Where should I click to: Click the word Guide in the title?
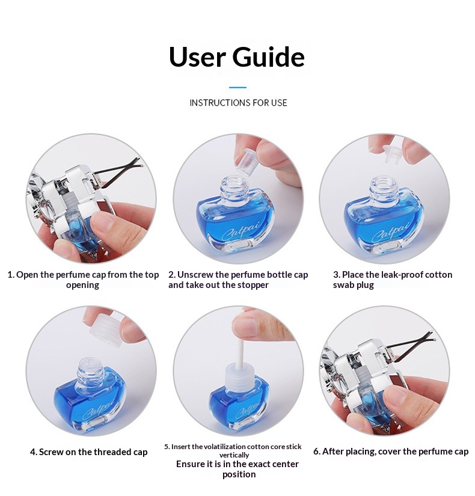coord(268,57)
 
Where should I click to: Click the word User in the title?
coord(197,57)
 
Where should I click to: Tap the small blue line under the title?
coord(237,87)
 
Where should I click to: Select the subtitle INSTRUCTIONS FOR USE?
coord(238,103)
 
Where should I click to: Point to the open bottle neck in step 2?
coord(234,186)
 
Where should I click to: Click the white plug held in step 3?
coord(393,153)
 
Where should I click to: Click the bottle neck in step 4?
coord(91,368)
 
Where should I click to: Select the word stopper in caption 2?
coord(253,285)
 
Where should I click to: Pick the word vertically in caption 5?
coord(234,455)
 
